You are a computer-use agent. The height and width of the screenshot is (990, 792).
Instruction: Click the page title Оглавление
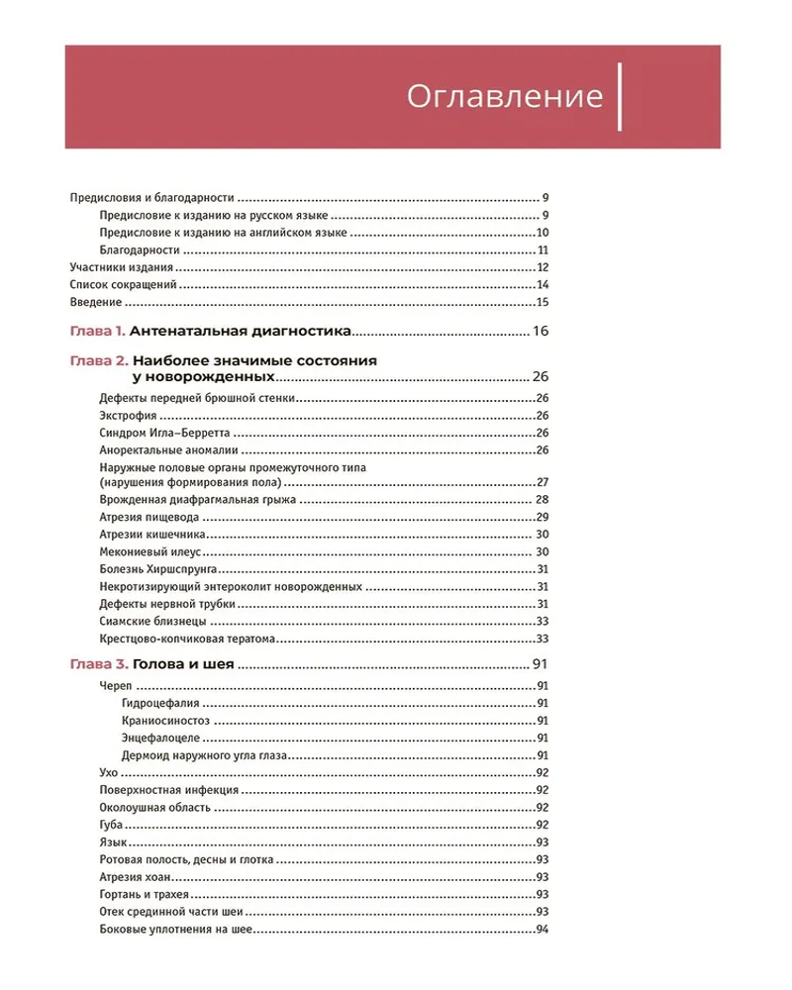505,97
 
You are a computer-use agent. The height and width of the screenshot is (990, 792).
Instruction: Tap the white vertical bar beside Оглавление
620,97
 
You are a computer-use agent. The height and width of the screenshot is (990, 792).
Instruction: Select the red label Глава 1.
97,331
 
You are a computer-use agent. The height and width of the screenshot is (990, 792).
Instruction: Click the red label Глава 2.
97,361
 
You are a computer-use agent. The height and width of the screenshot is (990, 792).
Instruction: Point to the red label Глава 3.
97,664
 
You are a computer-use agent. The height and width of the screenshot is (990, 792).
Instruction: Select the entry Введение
96,303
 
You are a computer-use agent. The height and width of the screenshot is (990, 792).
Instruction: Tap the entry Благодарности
140,250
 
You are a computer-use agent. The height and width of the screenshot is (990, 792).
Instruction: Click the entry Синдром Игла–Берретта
166,433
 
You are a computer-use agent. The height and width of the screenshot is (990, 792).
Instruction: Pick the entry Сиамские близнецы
153,621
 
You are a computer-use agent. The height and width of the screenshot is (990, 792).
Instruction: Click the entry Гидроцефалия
162,703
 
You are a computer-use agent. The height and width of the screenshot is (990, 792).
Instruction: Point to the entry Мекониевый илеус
151,551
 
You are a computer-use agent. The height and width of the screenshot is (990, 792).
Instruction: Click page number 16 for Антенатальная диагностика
540,331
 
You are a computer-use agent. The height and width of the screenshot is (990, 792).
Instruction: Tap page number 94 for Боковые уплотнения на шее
543,930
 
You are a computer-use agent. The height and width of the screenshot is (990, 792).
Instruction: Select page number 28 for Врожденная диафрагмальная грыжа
543,500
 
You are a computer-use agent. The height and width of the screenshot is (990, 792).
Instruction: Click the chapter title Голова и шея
182,664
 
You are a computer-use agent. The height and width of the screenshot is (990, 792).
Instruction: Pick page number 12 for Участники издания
543,267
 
